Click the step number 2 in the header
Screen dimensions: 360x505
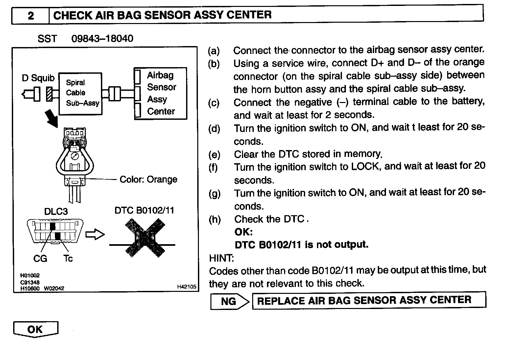click(x=31, y=15)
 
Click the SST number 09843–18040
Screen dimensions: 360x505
click(x=102, y=39)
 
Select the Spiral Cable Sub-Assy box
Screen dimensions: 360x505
click(x=80, y=93)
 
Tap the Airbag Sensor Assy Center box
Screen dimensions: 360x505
click(x=161, y=93)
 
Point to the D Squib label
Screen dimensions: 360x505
click(x=38, y=78)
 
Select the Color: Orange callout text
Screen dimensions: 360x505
click(x=148, y=179)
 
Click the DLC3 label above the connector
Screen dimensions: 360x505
click(x=56, y=211)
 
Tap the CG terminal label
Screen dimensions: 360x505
click(x=40, y=259)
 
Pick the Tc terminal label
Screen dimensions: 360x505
click(x=68, y=259)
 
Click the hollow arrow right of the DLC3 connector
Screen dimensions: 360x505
click(x=95, y=235)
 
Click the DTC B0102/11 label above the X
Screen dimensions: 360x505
click(x=144, y=210)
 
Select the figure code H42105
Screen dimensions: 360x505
click(x=186, y=287)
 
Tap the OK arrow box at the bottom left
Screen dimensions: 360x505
click(x=36, y=329)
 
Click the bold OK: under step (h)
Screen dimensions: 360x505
click(x=244, y=232)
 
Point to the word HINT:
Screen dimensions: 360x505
click(x=221, y=257)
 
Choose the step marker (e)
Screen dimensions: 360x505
click(x=214, y=154)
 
